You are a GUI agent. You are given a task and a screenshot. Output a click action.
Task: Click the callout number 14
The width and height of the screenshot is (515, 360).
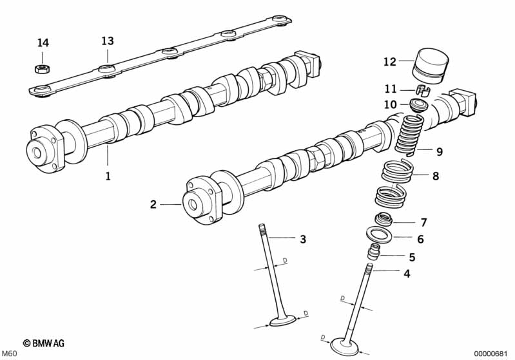[x=43, y=43]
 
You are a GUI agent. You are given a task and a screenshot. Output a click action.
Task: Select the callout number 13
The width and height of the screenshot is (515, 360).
[x=107, y=41]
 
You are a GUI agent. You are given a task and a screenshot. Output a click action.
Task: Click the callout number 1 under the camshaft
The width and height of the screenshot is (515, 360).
[x=108, y=175]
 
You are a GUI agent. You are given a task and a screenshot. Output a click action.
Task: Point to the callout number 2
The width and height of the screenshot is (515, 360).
[x=153, y=205]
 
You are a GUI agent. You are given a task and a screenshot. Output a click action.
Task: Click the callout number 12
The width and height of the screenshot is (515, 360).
[x=389, y=62]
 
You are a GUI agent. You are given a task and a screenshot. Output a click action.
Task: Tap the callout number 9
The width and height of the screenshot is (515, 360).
[x=439, y=152]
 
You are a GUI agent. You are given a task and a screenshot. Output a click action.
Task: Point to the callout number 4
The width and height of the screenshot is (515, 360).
[x=407, y=273]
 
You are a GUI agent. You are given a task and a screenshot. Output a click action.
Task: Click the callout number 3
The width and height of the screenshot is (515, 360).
[x=302, y=240]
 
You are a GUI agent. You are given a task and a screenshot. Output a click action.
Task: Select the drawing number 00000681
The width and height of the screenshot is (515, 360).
[x=492, y=354]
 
